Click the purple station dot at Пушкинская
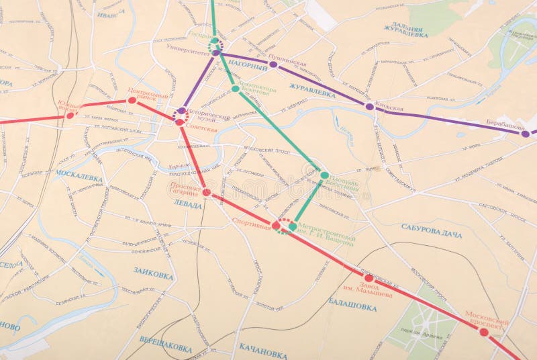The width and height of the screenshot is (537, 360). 273,64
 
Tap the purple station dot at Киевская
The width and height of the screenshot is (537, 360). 369,106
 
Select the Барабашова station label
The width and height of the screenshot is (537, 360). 505,125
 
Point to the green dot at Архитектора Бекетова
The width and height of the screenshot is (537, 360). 235,89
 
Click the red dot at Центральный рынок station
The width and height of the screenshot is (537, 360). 132,101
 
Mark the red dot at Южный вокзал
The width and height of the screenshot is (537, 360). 70,115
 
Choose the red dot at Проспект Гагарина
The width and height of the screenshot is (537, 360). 206,192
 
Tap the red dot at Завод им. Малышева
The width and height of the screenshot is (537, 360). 369,277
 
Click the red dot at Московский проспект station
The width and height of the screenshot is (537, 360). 483,332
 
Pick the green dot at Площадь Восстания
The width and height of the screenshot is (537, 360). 324,175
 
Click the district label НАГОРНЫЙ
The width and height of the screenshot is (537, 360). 248,66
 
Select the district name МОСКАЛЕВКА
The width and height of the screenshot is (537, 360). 79,178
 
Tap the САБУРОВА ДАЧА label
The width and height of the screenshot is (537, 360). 432,228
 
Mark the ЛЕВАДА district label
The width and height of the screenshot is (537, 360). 187,205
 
